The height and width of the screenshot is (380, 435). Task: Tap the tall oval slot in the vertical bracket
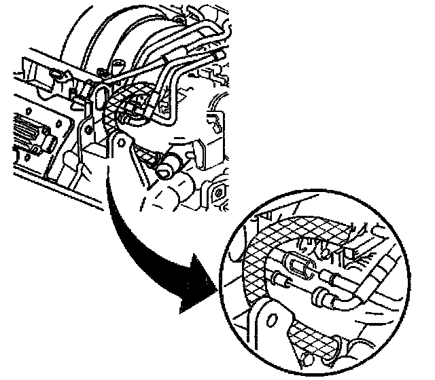[101, 95]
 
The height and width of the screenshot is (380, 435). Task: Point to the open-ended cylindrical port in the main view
[170, 165]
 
